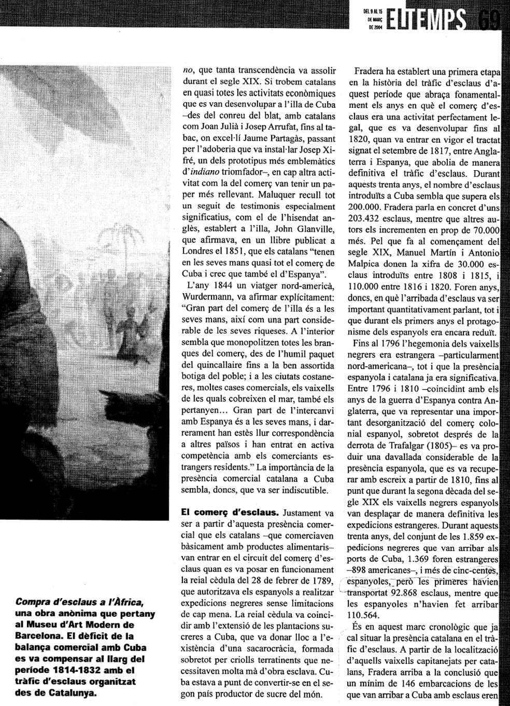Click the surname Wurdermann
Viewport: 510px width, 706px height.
click(207, 300)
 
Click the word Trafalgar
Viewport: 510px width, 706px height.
click(405, 446)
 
